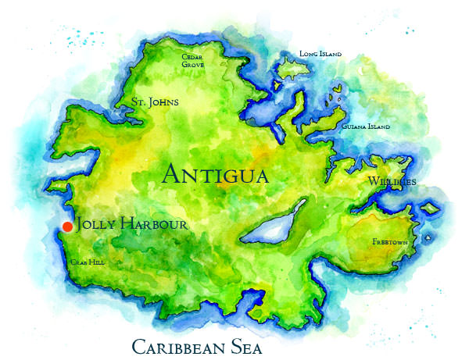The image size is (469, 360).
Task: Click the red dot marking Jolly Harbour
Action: click(x=67, y=226)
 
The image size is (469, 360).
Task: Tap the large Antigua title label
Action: click(x=215, y=173)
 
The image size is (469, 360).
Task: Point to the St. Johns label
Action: click(x=155, y=102)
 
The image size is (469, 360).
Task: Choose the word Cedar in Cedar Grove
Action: click(x=192, y=57)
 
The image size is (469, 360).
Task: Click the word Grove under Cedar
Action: click(x=193, y=65)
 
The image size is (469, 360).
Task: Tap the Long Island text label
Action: click(x=320, y=54)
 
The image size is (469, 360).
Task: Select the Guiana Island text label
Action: click(x=366, y=127)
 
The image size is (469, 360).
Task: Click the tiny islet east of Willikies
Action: click(x=429, y=208)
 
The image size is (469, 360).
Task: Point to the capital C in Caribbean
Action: click(x=138, y=346)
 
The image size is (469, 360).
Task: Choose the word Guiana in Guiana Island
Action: click(x=354, y=127)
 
